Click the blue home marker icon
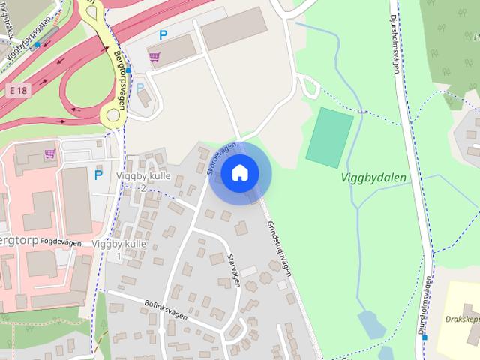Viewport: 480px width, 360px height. pyautogui.click(x=239, y=173)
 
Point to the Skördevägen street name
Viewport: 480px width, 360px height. pyautogui.click(x=221, y=158)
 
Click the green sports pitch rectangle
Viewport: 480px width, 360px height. pyautogui.click(x=328, y=137)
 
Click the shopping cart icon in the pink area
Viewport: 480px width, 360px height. pyautogui.click(x=49, y=154)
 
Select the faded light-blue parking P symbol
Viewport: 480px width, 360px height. pyautogui.click(x=140, y=88)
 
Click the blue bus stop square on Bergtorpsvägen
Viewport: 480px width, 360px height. pyautogui.click(x=129, y=70)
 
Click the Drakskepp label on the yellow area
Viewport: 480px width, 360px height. pyautogui.click(x=460, y=318)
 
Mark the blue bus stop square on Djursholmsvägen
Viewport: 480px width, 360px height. pyautogui.click(x=425, y=337)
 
